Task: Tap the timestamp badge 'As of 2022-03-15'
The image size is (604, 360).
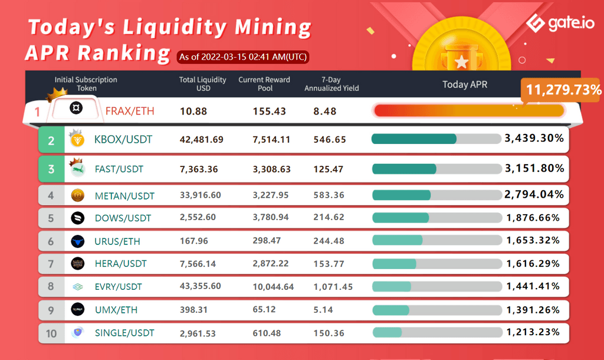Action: pos(243,57)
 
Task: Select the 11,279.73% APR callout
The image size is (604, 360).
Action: pos(563,90)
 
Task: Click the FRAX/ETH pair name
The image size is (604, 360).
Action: pos(129,110)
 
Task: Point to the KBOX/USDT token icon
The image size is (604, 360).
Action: pos(76,139)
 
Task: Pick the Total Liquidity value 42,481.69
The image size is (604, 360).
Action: pos(202,140)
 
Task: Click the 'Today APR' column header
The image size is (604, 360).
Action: pos(465,84)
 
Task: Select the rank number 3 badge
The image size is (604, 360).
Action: pos(51,169)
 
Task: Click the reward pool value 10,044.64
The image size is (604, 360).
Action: pos(273,286)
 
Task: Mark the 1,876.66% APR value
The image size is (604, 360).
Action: pos(533,218)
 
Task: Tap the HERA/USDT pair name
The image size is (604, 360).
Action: pos(120,263)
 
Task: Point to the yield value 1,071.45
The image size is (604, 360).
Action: pos(333,286)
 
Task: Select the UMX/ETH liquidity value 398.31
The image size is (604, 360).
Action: pos(193,309)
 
